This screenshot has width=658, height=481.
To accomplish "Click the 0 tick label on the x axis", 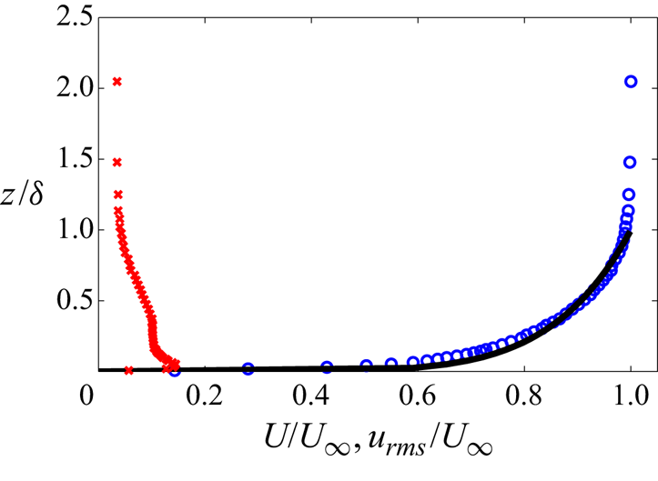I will [x=86, y=397].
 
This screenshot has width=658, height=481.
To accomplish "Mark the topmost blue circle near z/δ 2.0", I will [x=631, y=82].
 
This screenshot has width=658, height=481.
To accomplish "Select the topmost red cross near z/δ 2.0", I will [x=116, y=82].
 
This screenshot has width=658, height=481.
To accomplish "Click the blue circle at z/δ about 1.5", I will [x=630, y=162].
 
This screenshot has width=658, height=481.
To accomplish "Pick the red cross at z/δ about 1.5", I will [x=116, y=162].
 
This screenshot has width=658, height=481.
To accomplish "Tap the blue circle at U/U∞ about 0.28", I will [x=248, y=369].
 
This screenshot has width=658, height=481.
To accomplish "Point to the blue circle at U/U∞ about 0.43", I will [x=327, y=367].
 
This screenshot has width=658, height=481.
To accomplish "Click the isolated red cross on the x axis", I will [x=128, y=370].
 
